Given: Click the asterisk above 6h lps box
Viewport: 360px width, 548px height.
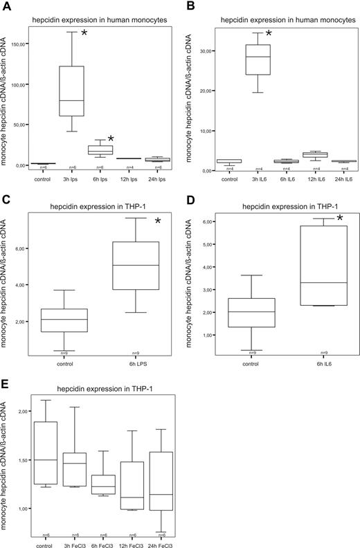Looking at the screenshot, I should pyautogui.click(x=111, y=140).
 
